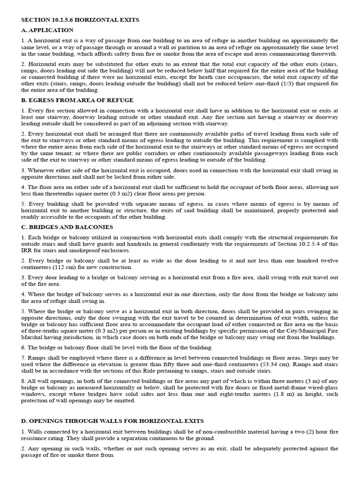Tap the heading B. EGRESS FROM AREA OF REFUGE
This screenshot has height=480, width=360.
click(x=77, y=100)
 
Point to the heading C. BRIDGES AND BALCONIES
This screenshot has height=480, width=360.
click(x=68, y=228)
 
